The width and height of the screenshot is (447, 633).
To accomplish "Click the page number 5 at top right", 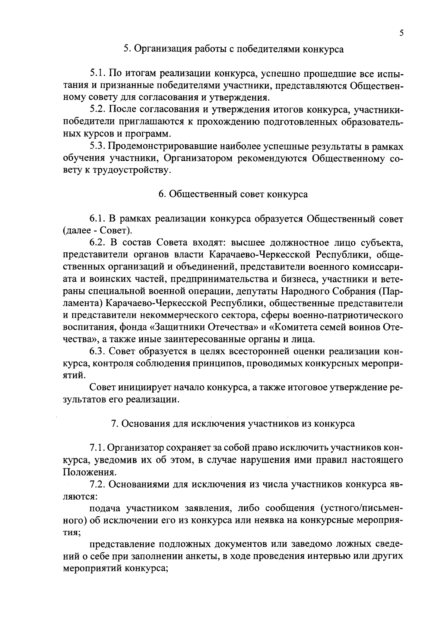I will click(x=401, y=33).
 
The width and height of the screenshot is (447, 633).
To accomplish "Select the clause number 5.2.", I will click(x=98, y=110).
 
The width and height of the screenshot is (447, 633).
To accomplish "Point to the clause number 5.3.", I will click(x=98, y=146).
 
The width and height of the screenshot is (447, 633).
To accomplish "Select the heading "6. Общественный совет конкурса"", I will click(x=233, y=195).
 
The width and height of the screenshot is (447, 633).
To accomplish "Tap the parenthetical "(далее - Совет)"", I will click(x=96, y=231).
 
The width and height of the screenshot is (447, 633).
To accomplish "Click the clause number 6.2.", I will click(x=98, y=243).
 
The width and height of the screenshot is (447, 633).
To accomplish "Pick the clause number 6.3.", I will click(x=98, y=352).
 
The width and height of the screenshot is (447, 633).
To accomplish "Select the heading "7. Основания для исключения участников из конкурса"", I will click(x=233, y=424).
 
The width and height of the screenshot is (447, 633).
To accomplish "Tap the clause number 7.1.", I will click(x=98, y=448).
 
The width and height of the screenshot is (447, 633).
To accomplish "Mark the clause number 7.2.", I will click(x=98, y=485).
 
